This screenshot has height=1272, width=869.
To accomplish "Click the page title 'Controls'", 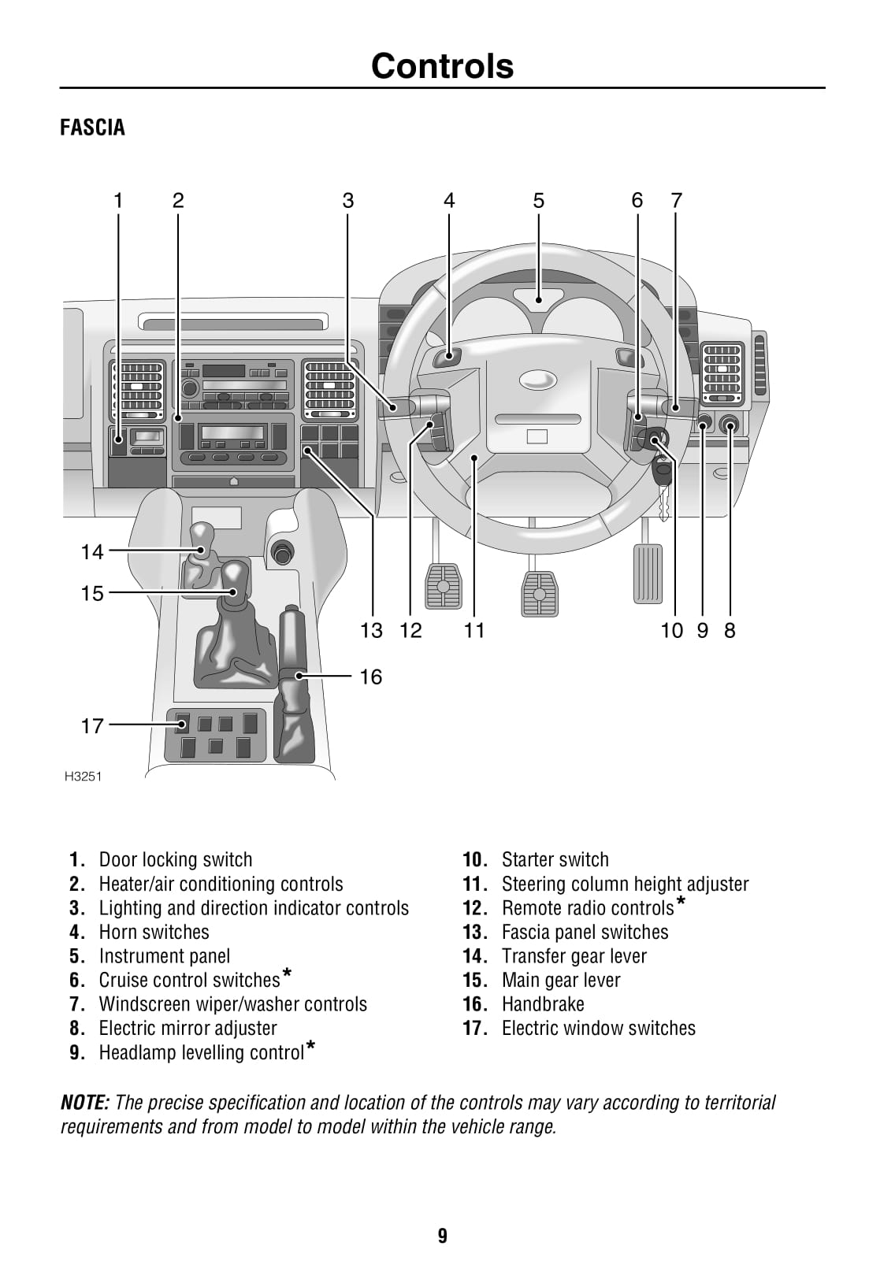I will point(442,66).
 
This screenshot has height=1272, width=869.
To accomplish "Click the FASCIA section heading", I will point(92,128).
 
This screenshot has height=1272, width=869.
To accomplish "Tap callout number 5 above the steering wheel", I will point(538,201).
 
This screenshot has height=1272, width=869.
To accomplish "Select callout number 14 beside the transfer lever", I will point(92,551).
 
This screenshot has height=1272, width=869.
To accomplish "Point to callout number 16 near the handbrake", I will point(370,677).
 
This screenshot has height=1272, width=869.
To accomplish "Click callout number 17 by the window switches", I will point(92,725).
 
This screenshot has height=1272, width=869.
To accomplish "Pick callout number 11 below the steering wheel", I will point(473,630).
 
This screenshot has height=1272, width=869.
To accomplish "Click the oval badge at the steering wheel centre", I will point(537,380).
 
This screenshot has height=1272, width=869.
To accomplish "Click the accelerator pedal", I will point(648,573).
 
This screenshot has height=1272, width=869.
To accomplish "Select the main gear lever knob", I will point(234,579).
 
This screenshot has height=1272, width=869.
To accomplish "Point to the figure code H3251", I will point(83,777).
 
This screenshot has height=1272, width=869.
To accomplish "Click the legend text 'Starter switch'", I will point(555,859).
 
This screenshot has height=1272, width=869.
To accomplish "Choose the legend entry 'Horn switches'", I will point(154,932).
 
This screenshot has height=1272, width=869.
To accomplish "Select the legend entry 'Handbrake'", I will point(543,1004).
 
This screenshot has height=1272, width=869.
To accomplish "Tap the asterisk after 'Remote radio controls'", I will point(681,902).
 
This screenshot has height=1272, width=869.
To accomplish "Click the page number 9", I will point(442,1236).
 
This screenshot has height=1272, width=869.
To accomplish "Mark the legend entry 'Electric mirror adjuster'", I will point(188,1029).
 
